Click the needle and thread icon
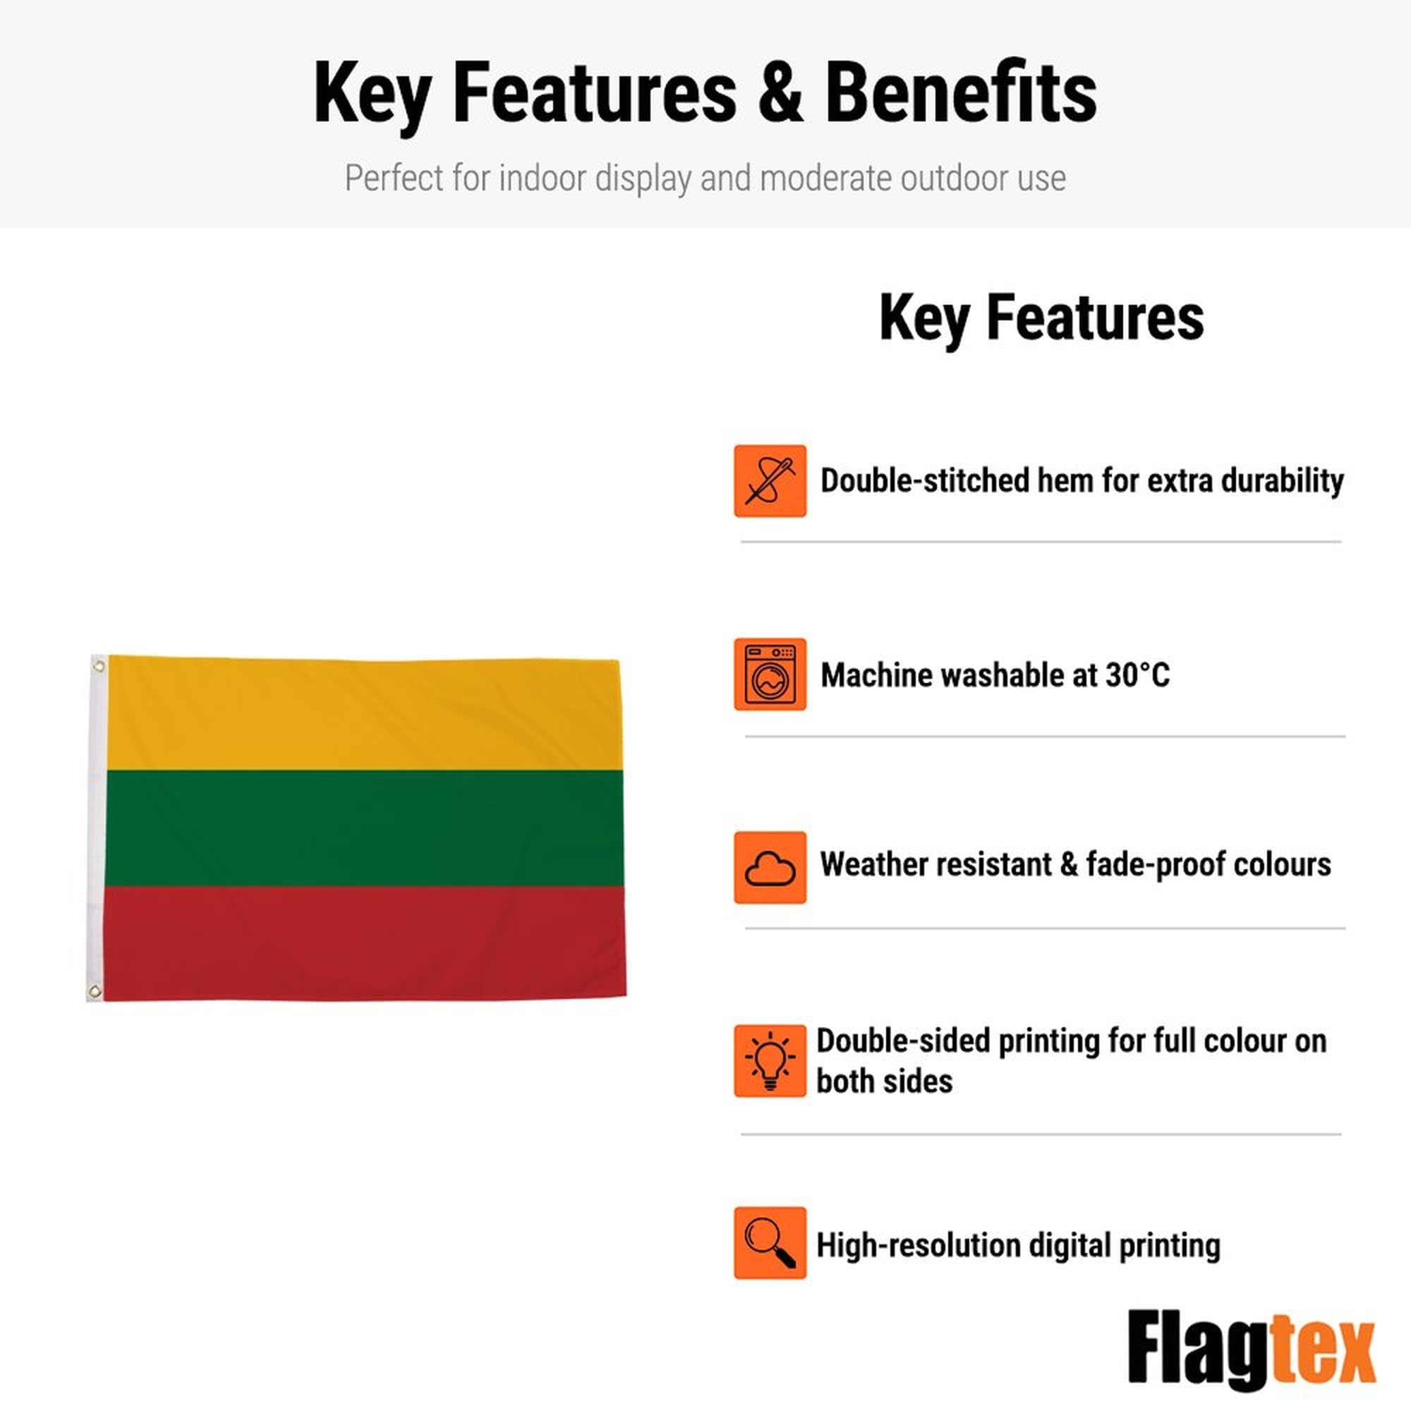[770, 481]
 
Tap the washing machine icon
[770, 674]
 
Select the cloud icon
[770, 868]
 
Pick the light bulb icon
[770, 1061]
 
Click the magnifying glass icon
[770, 1243]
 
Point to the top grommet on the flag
[99, 665]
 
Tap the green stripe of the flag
[365, 828]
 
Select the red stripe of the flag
[365, 943]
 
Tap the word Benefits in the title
[961, 92]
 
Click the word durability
[1282, 481]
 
